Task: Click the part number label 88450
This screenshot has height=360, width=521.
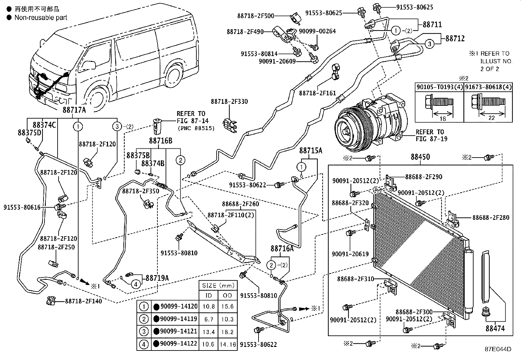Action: coord(420,157)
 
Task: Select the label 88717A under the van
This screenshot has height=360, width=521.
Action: coord(74,110)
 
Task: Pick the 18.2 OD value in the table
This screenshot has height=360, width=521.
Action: coord(227,332)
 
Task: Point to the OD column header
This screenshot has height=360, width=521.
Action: coord(227,295)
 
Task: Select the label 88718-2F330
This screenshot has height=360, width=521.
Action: coord(229,102)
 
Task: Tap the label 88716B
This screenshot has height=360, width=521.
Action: coord(160,141)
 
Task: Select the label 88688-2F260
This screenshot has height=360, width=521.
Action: coord(240,204)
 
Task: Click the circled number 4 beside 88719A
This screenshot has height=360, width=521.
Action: coord(136,284)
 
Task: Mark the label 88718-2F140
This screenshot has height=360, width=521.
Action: coord(83,301)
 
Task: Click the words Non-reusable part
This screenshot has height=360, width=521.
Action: coord(41,18)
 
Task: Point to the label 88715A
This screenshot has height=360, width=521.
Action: coord(311,151)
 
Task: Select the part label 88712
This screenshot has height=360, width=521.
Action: coord(455,39)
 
